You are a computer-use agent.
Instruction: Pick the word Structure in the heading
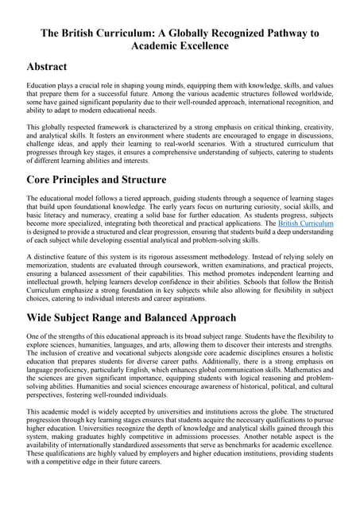pyautogui.click(x=190, y=178)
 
